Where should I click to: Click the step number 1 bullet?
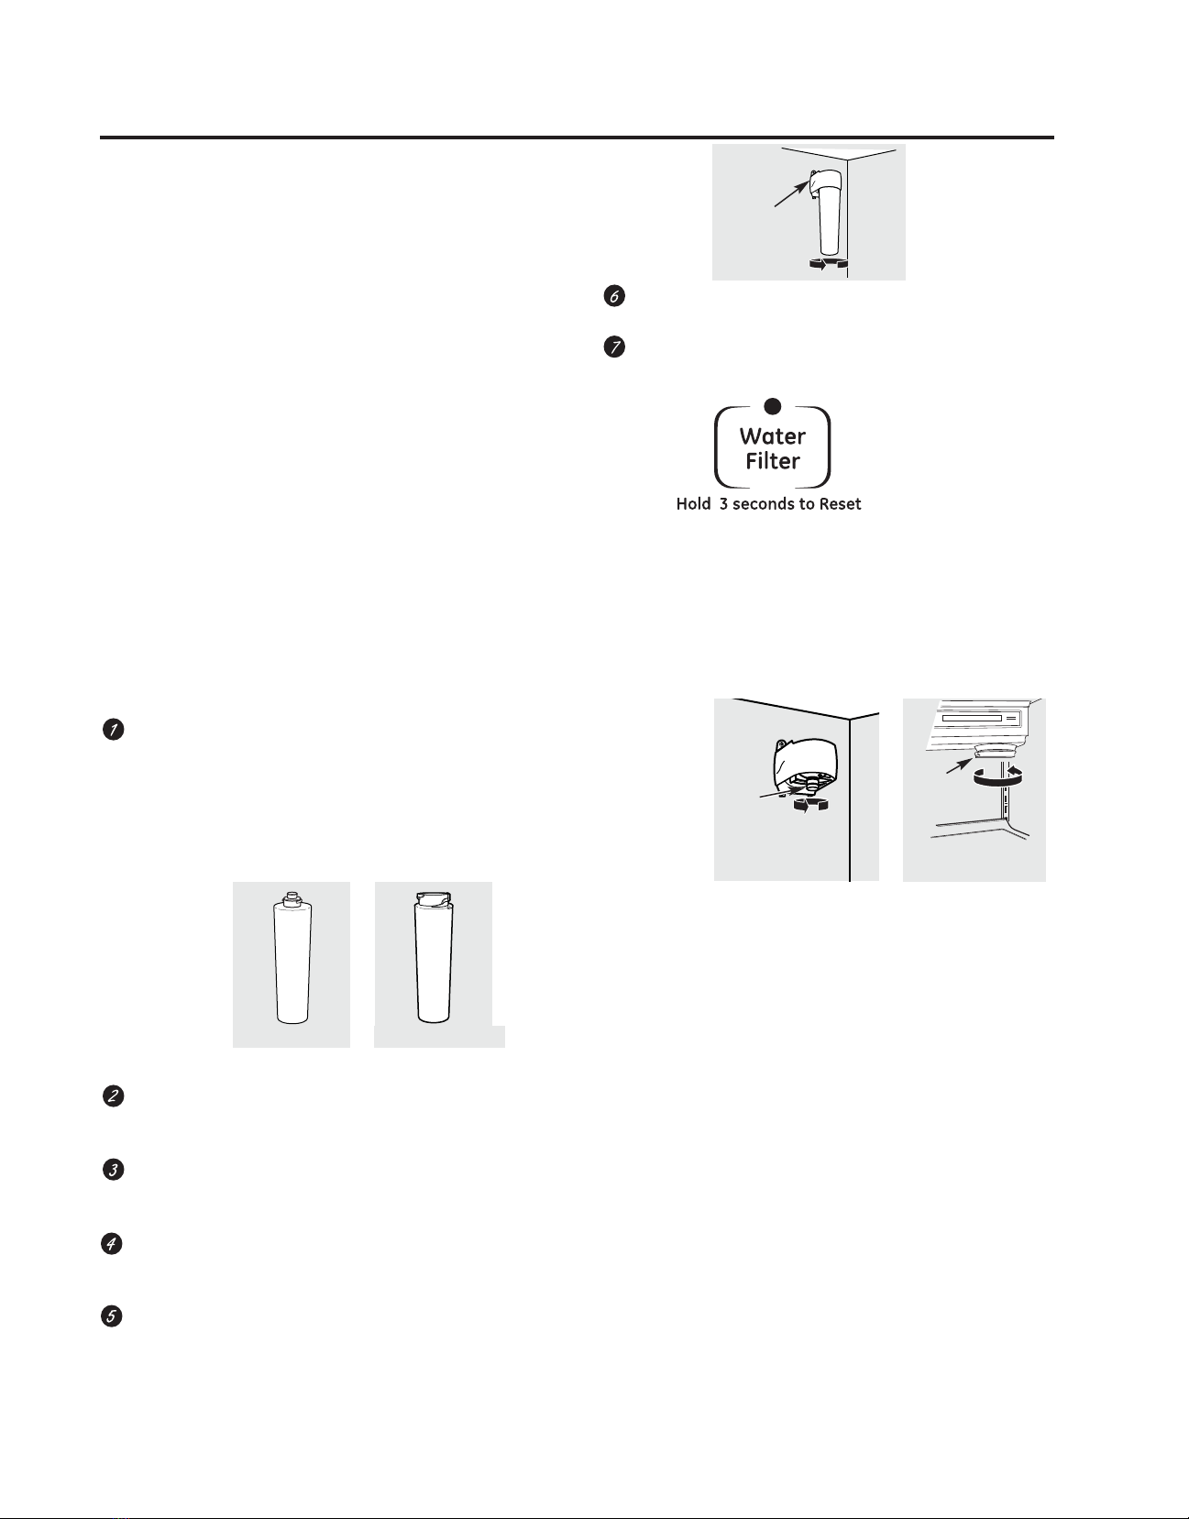coord(114,730)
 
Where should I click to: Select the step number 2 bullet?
coord(114,1096)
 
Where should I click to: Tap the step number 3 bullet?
coord(114,1170)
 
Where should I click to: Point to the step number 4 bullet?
coord(112,1244)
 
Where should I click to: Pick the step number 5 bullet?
coord(112,1316)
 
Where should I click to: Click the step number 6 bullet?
coord(613,296)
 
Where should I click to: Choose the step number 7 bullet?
coord(613,347)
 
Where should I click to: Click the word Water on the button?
coord(773,436)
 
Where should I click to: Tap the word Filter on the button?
coord(773,461)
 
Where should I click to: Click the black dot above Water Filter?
coord(773,406)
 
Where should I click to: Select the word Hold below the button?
coord(693,504)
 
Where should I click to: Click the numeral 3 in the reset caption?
coord(723,504)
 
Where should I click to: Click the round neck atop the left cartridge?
coord(292,898)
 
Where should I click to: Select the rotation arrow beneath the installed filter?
coord(829,263)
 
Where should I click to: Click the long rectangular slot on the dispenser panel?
coord(972,718)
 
